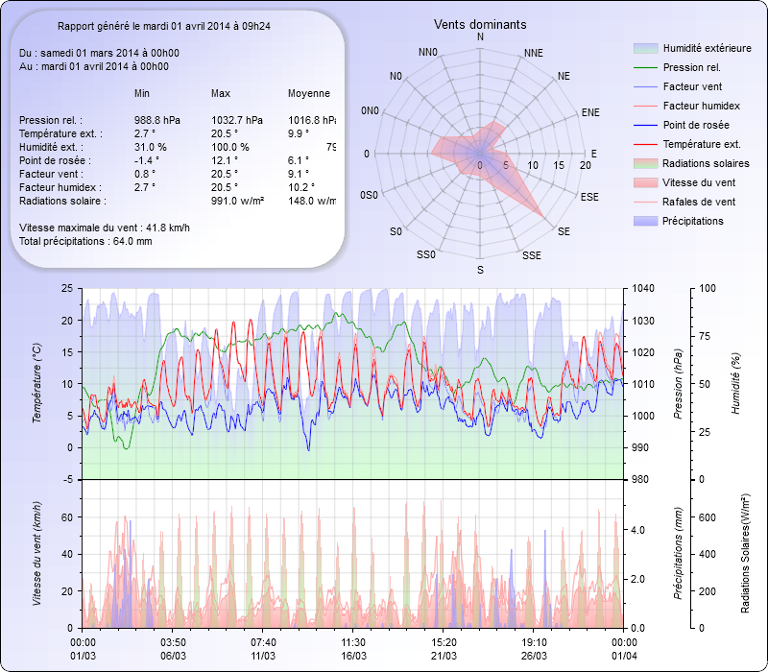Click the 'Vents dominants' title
[480, 24]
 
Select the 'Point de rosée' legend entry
[696, 126]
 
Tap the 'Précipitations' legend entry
[693, 221]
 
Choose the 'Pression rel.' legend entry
[691, 68]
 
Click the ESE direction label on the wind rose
[591, 196]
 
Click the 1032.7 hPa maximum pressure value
[236, 120]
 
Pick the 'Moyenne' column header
[309, 93]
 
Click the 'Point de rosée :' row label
[52, 160]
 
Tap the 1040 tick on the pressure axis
[642, 288]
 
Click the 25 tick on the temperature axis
[65, 288]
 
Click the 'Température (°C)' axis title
[37, 384]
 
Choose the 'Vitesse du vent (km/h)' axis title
[37, 554]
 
